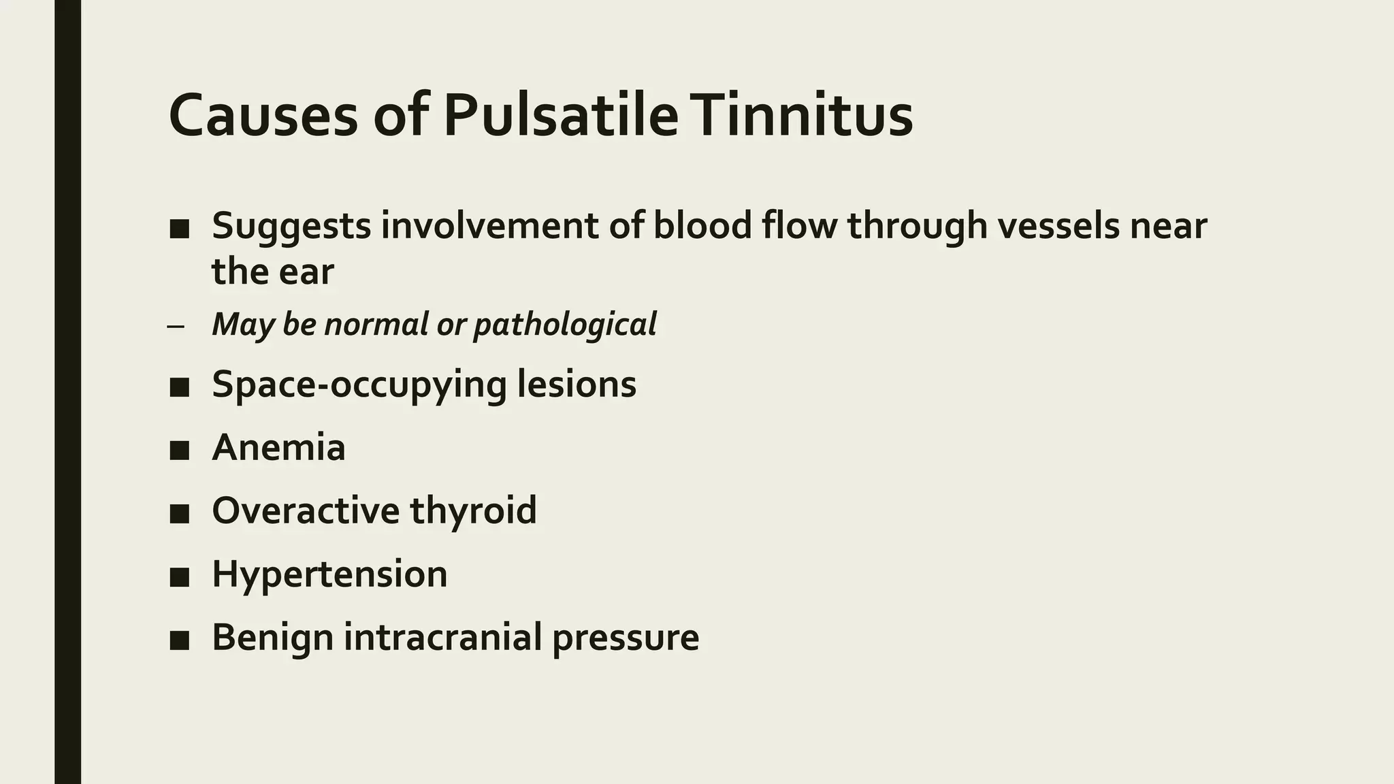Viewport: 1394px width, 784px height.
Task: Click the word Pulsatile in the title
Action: click(x=561, y=116)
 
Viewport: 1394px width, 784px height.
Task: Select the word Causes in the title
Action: click(x=263, y=116)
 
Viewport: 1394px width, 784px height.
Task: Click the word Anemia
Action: click(x=278, y=448)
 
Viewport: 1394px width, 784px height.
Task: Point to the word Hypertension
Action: click(x=329, y=574)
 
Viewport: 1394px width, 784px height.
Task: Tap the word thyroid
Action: click(x=473, y=510)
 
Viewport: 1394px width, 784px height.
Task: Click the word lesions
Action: click(x=577, y=385)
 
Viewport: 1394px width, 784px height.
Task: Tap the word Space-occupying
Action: click(x=359, y=385)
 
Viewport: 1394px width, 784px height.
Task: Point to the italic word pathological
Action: click(x=564, y=325)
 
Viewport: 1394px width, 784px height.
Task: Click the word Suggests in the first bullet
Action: click(x=291, y=226)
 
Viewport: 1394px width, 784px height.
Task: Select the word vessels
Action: click(x=1058, y=226)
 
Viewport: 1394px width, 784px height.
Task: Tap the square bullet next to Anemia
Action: click(x=179, y=450)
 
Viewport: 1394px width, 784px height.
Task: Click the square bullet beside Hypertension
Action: click(x=179, y=576)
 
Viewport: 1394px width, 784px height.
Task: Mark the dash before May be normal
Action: click(x=175, y=326)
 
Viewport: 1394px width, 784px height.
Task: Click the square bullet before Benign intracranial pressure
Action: click(x=179, y=640)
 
